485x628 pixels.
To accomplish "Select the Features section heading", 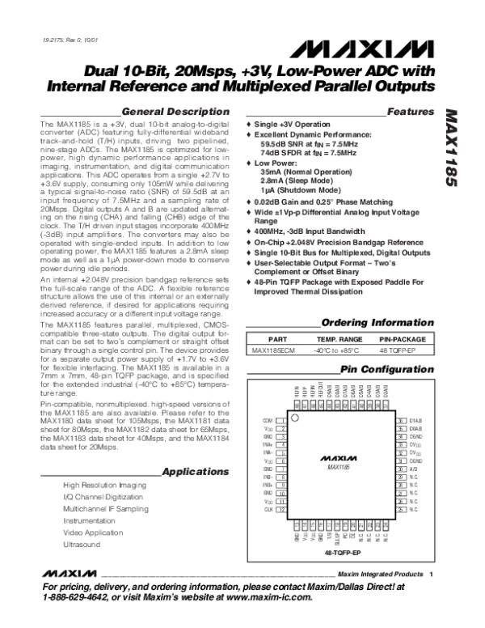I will [x=407, y=110].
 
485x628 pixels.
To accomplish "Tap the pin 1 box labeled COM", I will [x=282, y=422].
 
